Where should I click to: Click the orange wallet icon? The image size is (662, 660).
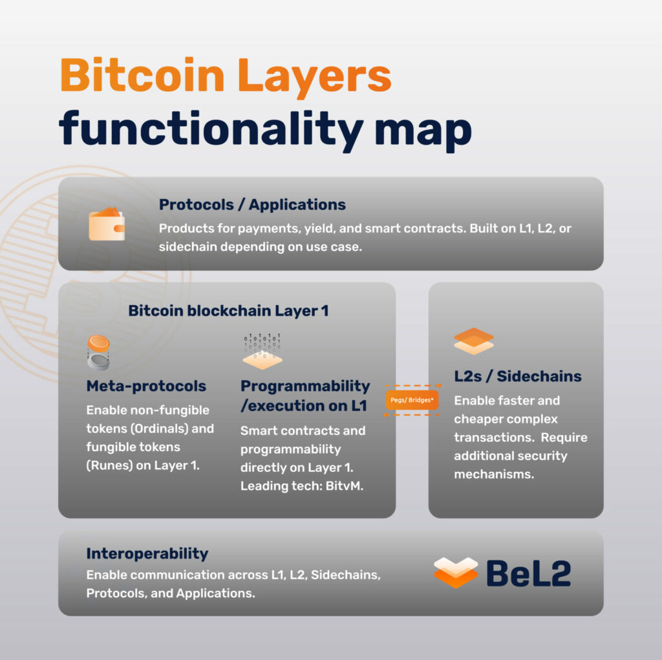[107, 224]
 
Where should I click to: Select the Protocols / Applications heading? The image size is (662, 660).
[252, 205]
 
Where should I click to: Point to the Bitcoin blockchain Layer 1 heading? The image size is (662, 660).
[228, 310]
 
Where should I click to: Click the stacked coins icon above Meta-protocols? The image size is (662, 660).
[99, 352]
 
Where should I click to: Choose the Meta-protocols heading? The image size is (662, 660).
[146, 386]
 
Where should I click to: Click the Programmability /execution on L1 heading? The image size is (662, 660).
[305, 396]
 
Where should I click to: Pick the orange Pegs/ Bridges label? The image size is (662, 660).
[412, 400]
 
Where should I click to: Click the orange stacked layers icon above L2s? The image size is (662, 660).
[473, 341]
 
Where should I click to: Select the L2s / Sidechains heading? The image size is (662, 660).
[518, 376]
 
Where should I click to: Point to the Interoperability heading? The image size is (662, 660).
[147, 553]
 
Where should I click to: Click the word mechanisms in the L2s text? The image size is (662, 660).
[495, 474]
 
